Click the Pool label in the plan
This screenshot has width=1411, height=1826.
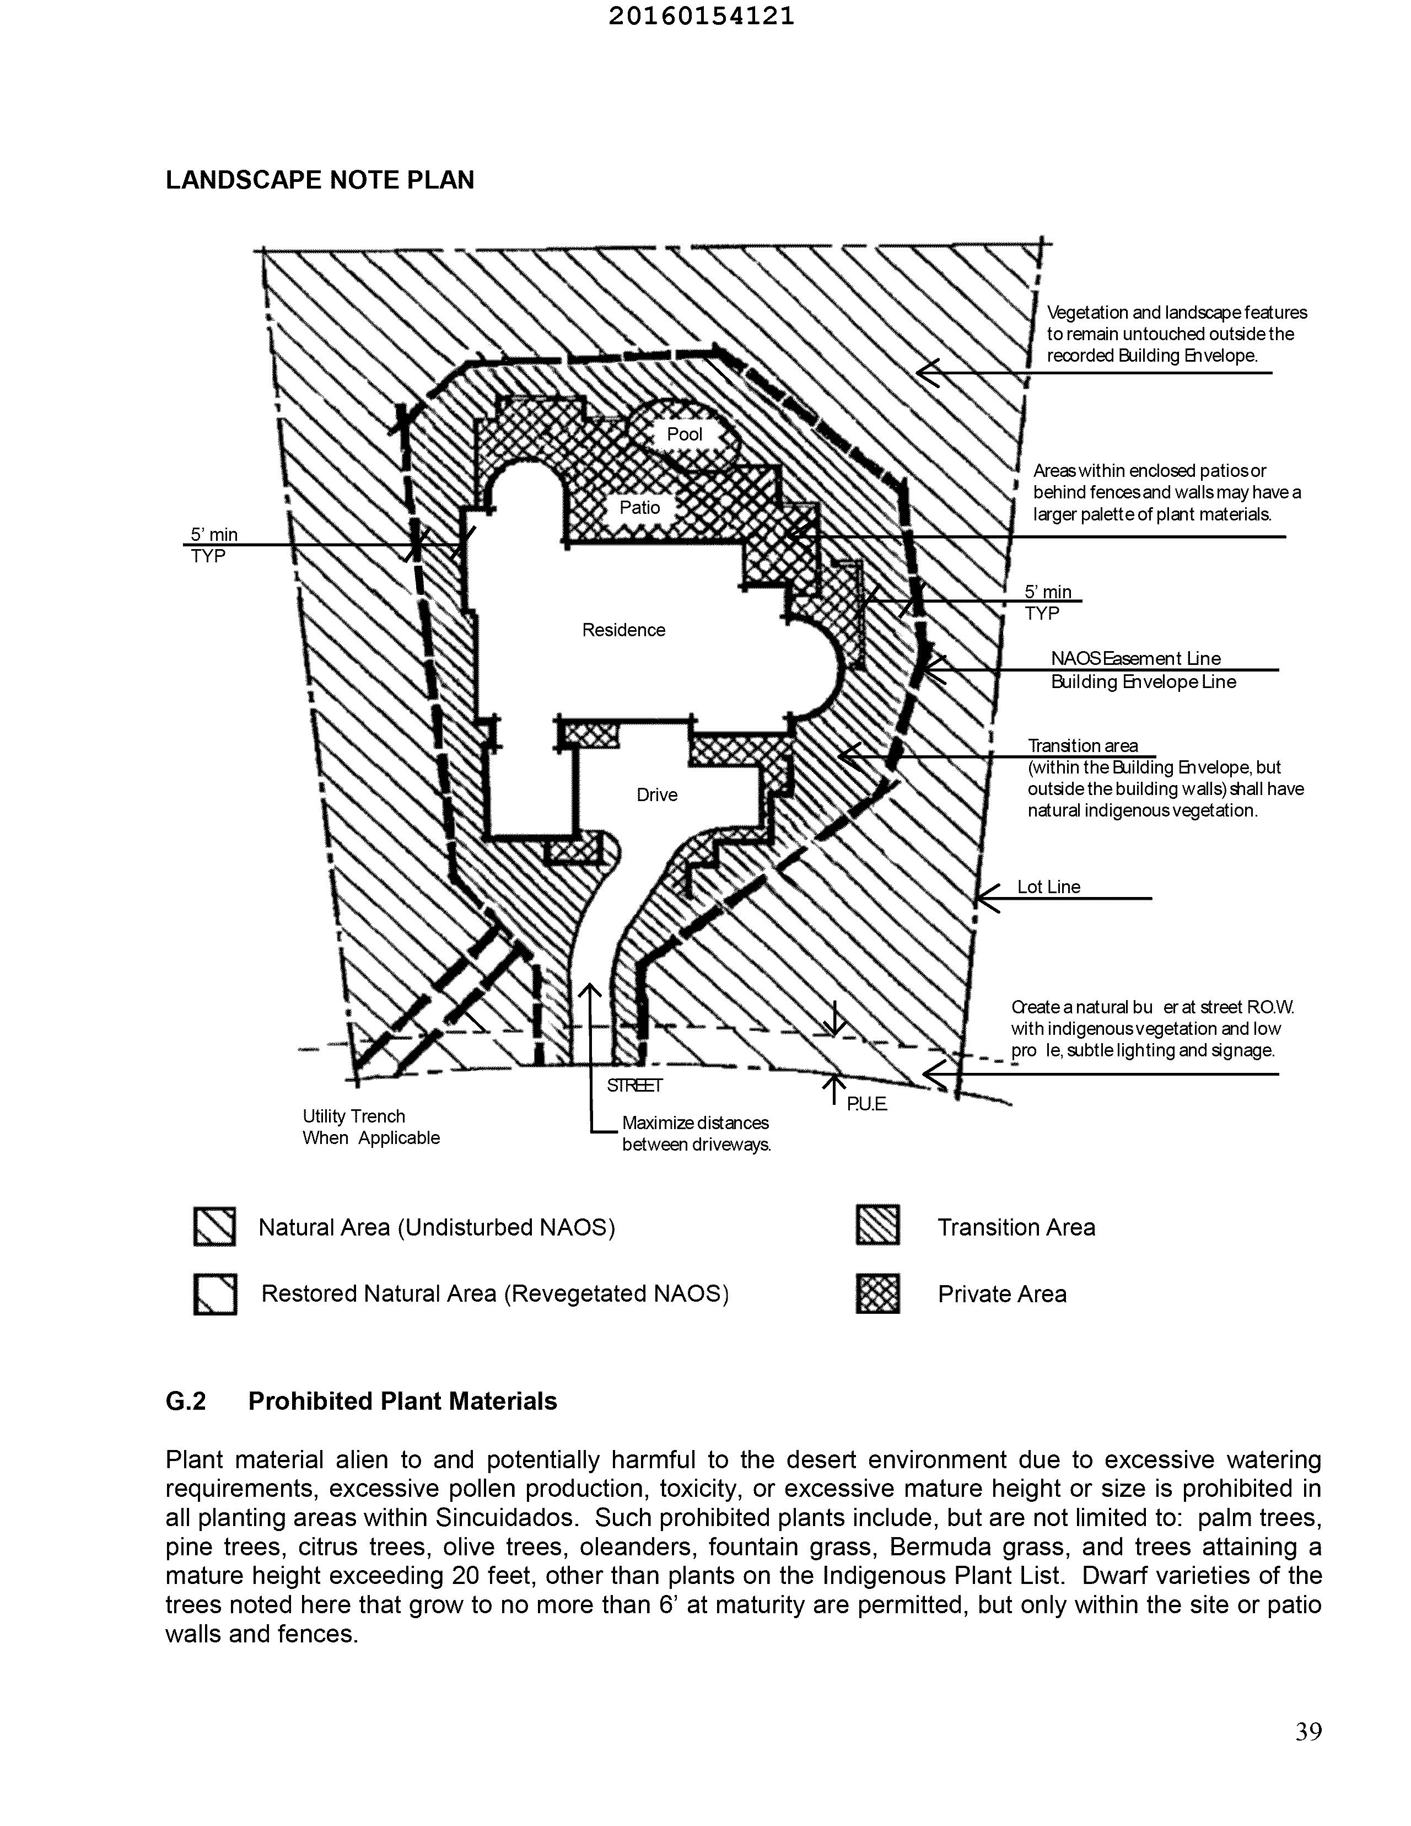point(684,434)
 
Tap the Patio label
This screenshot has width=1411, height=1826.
point(639,508)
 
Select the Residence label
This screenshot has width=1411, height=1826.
point(623,630)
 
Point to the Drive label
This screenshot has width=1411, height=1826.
point(657,794)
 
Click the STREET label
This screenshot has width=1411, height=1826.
point(634,1085)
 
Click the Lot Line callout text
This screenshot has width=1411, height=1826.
point(1048,886)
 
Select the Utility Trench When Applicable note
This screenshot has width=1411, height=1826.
point(370,1126)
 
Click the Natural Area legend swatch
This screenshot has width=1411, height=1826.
point(214,1227)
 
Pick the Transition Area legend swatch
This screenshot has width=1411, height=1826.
point(877,1226)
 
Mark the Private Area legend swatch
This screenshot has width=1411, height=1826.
point(877,1293)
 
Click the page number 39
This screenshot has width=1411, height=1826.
point(1308,1732)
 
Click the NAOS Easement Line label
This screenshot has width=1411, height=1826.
point(1135,658)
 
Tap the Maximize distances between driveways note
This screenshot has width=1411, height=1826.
point(696,1133)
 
